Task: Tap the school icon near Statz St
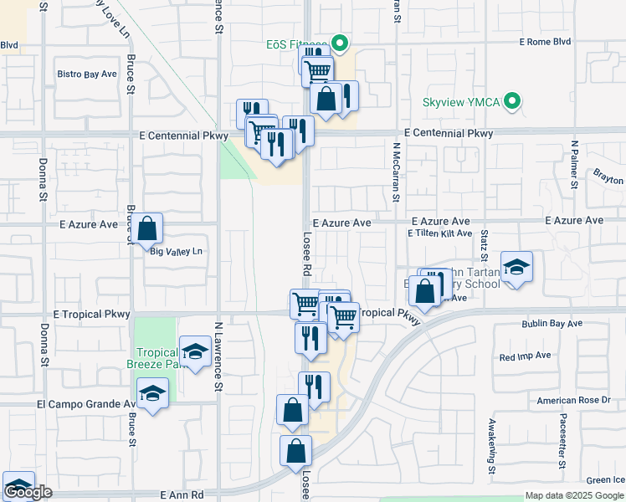(x=516, y=267)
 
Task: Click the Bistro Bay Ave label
(x=87, y=74)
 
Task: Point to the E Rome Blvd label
(x=545, y=41)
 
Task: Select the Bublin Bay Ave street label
(x=552, y=323)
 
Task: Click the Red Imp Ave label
(x=525, y=356)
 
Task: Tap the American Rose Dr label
(x=573, y=401)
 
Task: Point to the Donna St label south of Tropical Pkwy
(x=43, y=346)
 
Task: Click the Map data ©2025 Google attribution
(x=574, y=495)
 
